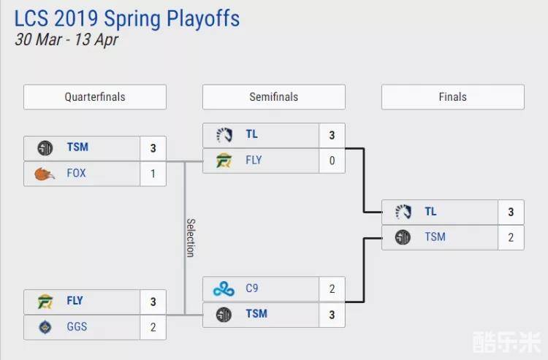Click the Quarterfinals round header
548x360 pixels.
pyautogui.click(x=95, y=97)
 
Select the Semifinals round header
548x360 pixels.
pyautogui.click(x=274, y=97)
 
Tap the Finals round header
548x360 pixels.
pyautogui.click(x=453, y=97)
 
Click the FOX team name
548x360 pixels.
pyautogui.click(x=76, y=173)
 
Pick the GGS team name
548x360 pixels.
pyautogui.click(x=77, y=326)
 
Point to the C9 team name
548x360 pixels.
pyautogui.click(x=252, y=288)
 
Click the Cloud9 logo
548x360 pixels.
pyautogui.click(x=224, y=289)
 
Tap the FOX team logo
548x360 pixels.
pyautogui.click(x=45, y=174)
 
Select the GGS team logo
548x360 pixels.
pyautogui.click(x=45, y=327)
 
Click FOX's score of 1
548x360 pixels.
pyautogui.click(x=153, y=173)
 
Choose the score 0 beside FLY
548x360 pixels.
pyautogui.click(x=332, y=161)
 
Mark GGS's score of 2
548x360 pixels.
pyautogui.click(x=153, y=326)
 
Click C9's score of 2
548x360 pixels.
pyautogui.click(x=332, y=288)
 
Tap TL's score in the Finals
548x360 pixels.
pyautogui.click(x=511, y=212)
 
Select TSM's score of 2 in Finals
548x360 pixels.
pyautogui.click(x=511, y=237)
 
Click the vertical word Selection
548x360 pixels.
pyautogui.click(x=190, y=237)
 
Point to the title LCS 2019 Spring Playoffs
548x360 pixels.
pyautogui.click(x=127, y=18)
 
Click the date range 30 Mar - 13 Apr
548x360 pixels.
pyautogui.click(x=66, y=39)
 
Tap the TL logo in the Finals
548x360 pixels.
pyautogui.click(x=403, y=212)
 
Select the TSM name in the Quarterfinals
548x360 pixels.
pyautogui.click(x=77, y=147)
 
